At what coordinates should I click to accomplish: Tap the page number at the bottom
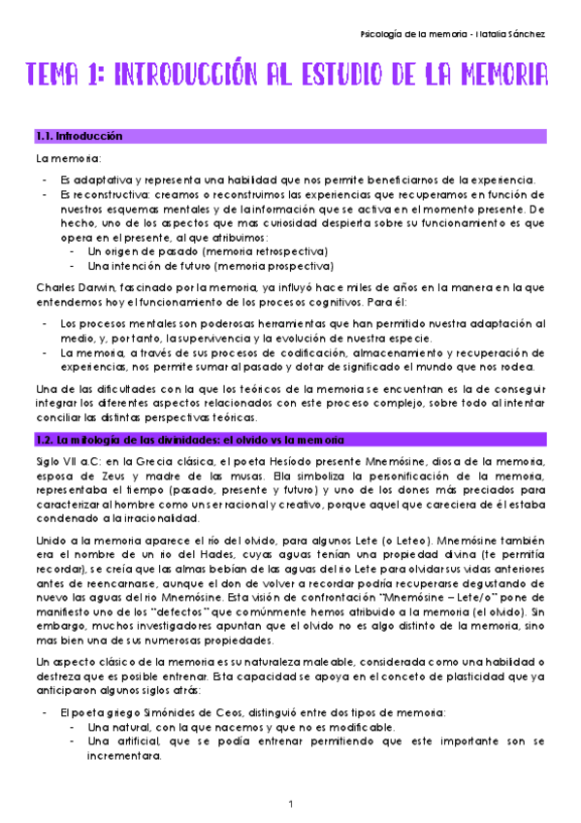tap(290, 804)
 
